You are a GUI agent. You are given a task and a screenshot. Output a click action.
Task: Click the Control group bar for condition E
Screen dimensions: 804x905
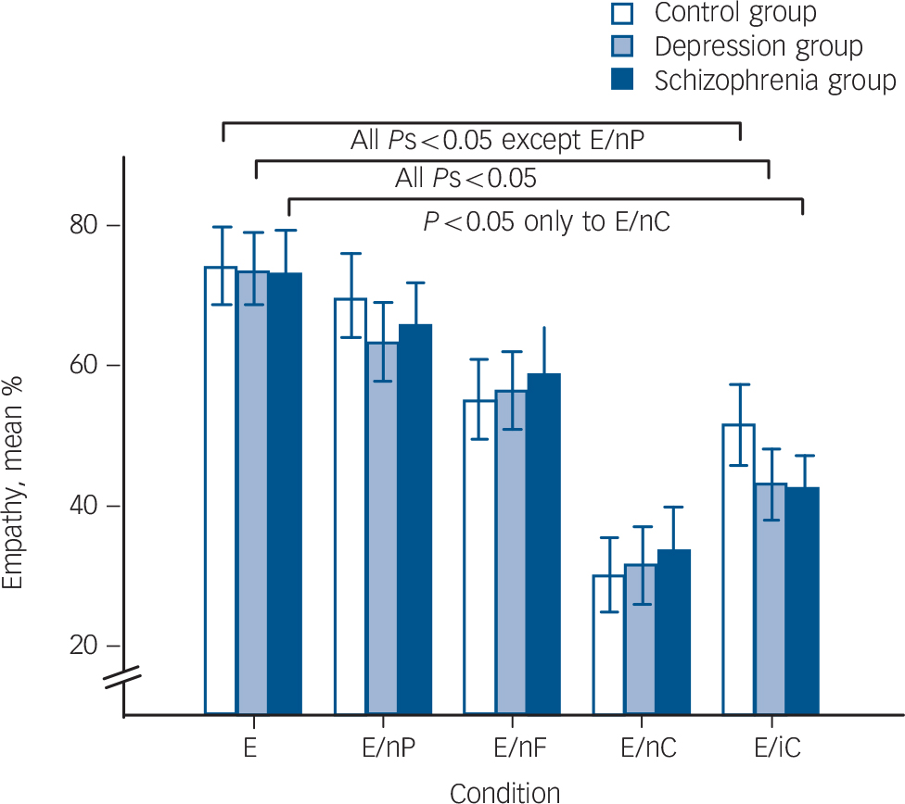point(221,491)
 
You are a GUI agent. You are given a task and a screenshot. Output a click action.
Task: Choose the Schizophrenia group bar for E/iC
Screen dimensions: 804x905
point(803,601)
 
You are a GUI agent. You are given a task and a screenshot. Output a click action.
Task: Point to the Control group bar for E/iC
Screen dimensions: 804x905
point(739,570)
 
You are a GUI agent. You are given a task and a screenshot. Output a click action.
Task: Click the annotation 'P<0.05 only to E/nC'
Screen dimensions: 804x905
point(546,222)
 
